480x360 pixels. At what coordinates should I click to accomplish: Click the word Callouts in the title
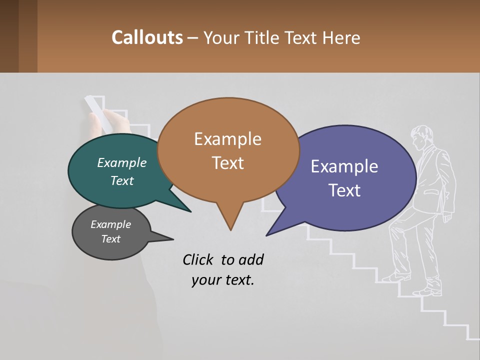pyautogui.click(x=147, y=37)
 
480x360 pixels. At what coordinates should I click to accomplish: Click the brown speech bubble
pyautogui.click(x=228, y=150)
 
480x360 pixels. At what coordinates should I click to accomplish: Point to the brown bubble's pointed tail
pyautogui.click(x=230, y=220)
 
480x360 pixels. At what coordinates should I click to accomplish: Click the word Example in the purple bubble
pyautogui.click(x=344, y=166)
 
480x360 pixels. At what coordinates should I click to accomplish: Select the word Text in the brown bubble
pyautogui.click(x=228, y=163)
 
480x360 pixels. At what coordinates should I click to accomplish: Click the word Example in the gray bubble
pyautogui.click(x=111, y=224)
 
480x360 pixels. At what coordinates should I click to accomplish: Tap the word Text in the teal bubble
pyautogui.click(x=122, y=181)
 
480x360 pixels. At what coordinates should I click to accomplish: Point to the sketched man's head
pyautogui.click(x=421, y=137)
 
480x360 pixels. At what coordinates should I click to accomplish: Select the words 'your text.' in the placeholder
pyautogui.click(x=223, y=280)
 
